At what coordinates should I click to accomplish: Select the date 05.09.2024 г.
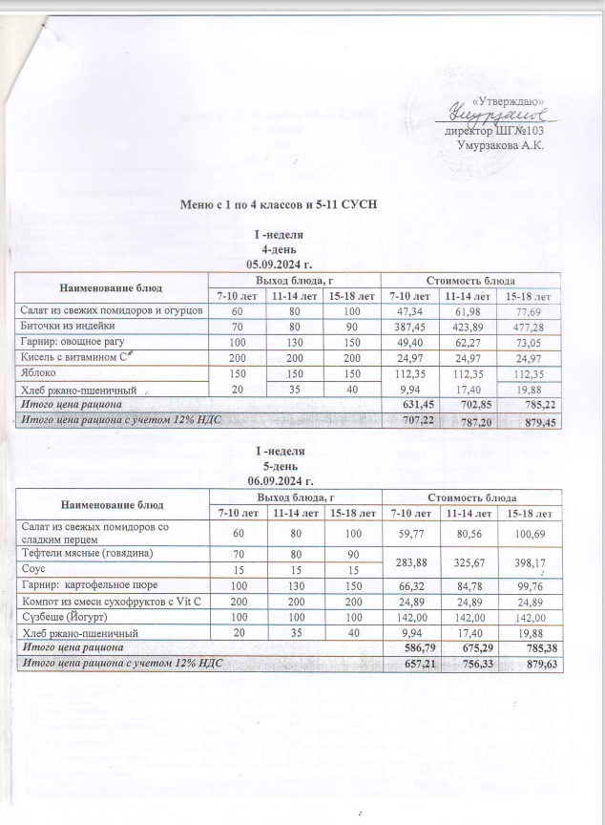280,263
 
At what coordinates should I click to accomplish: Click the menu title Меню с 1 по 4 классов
280,203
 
